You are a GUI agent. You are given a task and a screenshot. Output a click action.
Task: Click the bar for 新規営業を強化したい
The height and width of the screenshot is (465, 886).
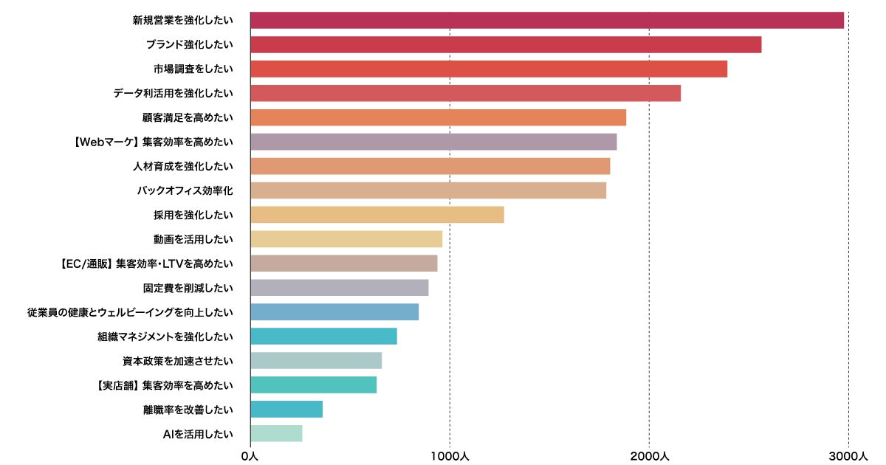pos(546,21)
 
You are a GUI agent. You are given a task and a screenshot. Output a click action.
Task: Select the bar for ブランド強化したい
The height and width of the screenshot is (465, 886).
pos(506,45)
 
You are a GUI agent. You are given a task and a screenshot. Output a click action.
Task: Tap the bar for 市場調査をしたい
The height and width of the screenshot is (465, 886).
pos(489,69)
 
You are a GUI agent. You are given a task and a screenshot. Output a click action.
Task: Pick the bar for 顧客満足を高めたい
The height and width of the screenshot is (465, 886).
pos(438,118)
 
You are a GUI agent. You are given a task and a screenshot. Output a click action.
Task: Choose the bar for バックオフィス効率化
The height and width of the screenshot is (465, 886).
pos(428,190)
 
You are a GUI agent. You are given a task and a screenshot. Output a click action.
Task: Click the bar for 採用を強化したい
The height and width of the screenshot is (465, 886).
pos(377,215)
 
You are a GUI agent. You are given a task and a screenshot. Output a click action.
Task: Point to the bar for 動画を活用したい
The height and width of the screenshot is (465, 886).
pos(346,239)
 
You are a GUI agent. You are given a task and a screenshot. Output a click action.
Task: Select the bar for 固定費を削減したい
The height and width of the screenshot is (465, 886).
pos(340,288)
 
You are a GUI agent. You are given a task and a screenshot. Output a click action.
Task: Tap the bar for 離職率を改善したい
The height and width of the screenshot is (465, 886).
pos(286,409)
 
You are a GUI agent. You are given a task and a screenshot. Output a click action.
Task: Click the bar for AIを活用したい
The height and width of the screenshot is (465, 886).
pos(276,433)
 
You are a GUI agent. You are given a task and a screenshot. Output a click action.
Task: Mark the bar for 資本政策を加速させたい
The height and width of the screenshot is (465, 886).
pos(316,360)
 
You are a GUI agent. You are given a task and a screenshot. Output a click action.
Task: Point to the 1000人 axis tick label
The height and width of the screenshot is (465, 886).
pos(450,456)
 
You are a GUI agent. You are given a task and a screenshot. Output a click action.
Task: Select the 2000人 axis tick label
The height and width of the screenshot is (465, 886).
pos(649,456)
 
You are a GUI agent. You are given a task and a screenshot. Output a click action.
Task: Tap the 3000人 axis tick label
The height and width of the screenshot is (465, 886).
pos(848,456)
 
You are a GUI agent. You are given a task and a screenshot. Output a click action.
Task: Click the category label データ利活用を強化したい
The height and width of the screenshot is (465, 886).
pos(173,94)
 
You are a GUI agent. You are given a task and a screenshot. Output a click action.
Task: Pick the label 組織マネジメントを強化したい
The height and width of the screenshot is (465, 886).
pos(165,337)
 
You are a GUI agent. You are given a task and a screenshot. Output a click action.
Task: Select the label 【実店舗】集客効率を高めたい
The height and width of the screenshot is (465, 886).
pos(165,385)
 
